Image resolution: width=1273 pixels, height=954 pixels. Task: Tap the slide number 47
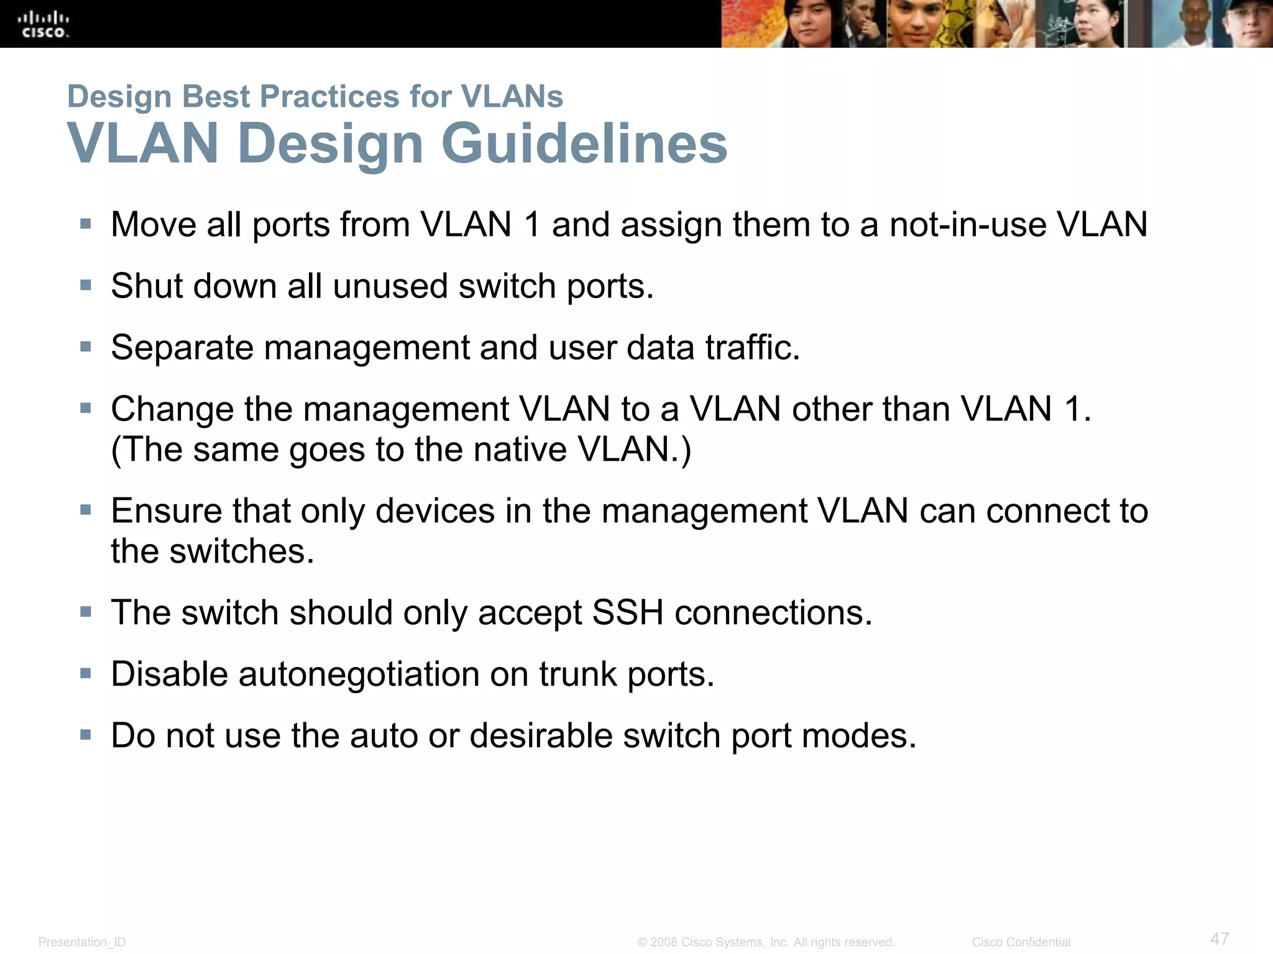pos(1220,938)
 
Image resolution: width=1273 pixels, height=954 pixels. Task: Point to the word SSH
pos(627,612)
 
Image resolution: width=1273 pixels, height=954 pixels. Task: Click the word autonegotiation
pos(359,674)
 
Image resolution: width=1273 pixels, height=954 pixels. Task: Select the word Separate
pos(182,347)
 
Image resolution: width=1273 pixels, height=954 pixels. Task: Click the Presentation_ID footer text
pos(82,942)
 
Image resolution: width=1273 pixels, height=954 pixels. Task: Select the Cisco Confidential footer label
pos(1021,942)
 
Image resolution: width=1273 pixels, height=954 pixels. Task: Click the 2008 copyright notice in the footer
pos(766,942)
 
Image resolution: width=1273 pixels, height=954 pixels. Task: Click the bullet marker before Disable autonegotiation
pos(86,673)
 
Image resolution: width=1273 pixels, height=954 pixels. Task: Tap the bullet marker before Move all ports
pos(86,224)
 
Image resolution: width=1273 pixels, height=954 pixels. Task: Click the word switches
pos(242,551)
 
